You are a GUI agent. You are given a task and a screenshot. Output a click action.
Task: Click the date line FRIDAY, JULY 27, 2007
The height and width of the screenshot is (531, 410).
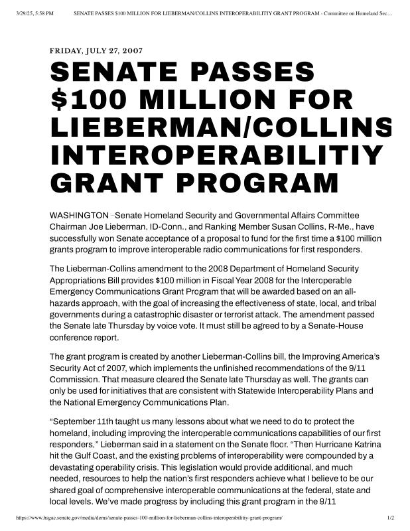coord(96,50)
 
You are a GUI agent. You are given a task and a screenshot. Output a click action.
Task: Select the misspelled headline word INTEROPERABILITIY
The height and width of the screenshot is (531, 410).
coord(217,154)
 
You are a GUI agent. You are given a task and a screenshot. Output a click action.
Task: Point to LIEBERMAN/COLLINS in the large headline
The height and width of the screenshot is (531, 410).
coord(221,127)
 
